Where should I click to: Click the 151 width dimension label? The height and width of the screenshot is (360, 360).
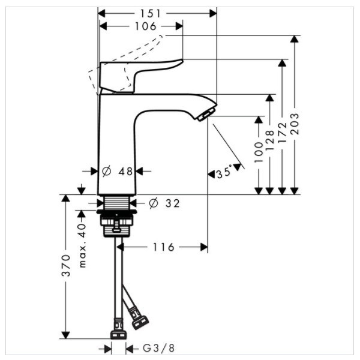click(157, 13)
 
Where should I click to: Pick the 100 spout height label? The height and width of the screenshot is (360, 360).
click(259, 152)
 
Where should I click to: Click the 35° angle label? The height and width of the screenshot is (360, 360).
click(225, 173)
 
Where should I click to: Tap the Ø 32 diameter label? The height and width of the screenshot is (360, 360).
click(164, 203)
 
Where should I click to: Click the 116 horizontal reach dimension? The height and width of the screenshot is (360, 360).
click(163, 247)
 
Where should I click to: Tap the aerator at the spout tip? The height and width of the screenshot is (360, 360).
click(206, 114)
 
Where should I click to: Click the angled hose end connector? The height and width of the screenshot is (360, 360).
click(139, 319)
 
